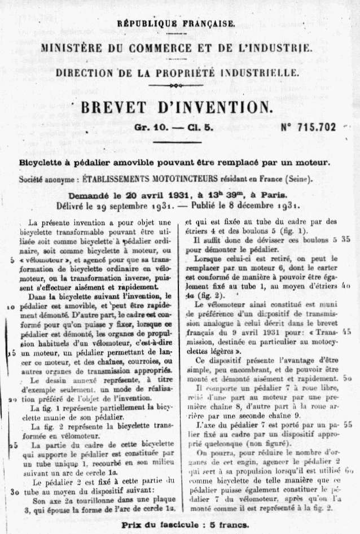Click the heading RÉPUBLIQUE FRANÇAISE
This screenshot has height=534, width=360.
coord(175,23)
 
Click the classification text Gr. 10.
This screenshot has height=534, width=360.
coord(150,128)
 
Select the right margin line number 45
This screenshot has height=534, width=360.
coord(347,332)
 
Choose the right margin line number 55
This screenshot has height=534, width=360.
coord(347,423)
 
